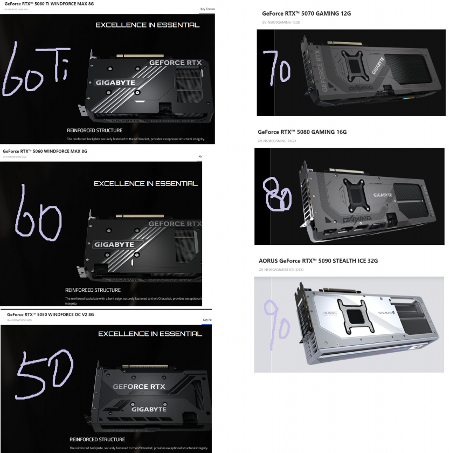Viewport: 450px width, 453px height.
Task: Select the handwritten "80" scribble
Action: tap(276, 195)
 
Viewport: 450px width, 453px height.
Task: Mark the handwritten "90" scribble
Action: tap(278, 320)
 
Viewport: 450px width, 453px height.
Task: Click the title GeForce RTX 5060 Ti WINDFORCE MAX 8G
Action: tap(49, 4)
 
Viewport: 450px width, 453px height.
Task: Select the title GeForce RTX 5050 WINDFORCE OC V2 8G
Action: tap(51, 314)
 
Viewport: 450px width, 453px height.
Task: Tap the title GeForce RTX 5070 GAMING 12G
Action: tap(306, 13)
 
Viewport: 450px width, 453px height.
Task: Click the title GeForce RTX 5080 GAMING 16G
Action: tap(302, 132)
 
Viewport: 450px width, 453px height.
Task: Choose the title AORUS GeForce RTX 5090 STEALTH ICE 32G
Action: tap(318, 260)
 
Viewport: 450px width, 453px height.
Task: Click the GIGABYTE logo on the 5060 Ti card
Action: tap(115, 83)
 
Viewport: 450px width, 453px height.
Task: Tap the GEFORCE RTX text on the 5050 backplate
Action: tap(139, 387)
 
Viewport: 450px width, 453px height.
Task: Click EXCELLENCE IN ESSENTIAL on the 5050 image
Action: tap(150, 334)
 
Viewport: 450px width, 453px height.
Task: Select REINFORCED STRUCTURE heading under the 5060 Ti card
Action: tap(94, 131)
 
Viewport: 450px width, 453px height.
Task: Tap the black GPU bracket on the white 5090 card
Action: tap(354, 317)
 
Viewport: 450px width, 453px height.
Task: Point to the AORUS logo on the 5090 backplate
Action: tap(329, 313)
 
